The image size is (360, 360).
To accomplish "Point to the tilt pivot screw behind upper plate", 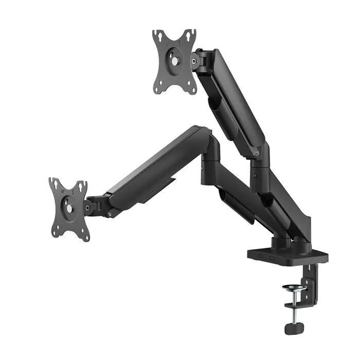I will coord(194,60).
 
